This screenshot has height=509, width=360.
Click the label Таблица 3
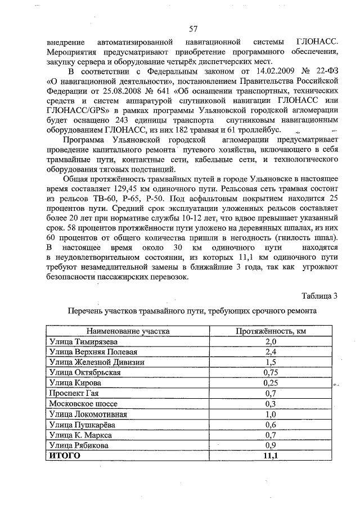pyautogui.click(x=320, y=296)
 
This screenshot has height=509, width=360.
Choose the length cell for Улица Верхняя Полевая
pyautogui.click(x=271, y=352)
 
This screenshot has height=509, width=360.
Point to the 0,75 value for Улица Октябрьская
pyautogui.click(x=271, y=372)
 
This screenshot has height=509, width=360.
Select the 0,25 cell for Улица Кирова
pyautogui.click(x=271, y=382)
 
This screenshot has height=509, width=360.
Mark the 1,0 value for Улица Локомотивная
pyautogui.click(x=271, y=414)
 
